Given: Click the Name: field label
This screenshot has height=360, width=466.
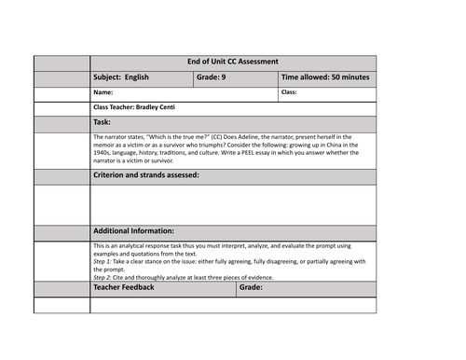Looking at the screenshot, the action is tap(103, 92).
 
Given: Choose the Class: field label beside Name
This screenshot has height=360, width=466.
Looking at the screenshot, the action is tap(290, 92).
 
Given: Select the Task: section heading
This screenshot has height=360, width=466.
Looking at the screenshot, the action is tap(103, 122).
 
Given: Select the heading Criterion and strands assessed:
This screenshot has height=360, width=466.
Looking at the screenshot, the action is tap(146, 176).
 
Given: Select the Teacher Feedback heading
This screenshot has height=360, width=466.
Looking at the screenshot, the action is tap(128, 289).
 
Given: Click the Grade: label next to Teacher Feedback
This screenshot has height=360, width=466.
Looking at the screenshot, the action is tap(251, 289).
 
